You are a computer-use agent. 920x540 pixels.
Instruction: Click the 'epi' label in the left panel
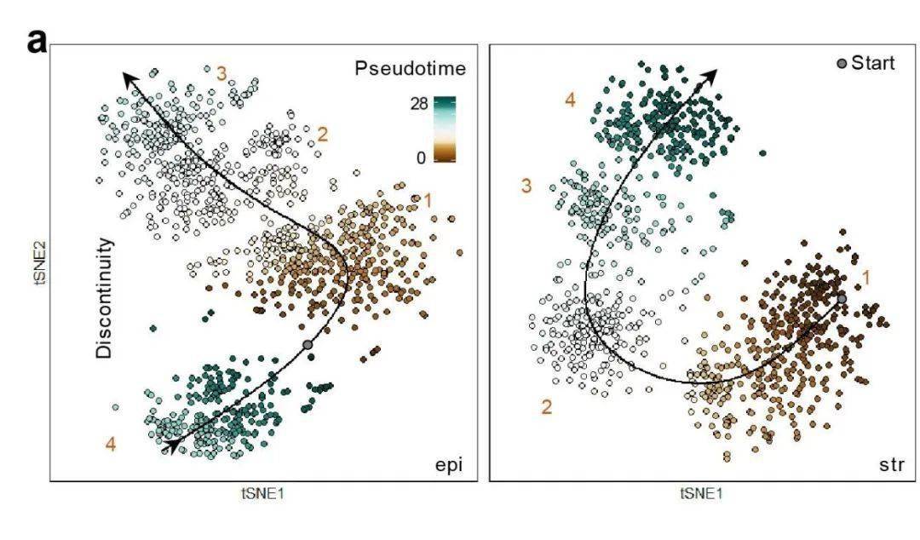450,464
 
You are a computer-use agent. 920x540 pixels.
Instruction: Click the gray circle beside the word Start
842,63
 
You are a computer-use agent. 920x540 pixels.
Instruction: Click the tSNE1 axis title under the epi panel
261,493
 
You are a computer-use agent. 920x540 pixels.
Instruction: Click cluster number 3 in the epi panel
221,73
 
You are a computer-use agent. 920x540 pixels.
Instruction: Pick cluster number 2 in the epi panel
322,133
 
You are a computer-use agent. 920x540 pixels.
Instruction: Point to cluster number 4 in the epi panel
111,443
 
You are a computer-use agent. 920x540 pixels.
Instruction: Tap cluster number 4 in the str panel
570,101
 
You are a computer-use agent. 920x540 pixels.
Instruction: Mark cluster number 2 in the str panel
546,407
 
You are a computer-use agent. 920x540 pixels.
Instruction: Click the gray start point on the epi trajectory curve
308,344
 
